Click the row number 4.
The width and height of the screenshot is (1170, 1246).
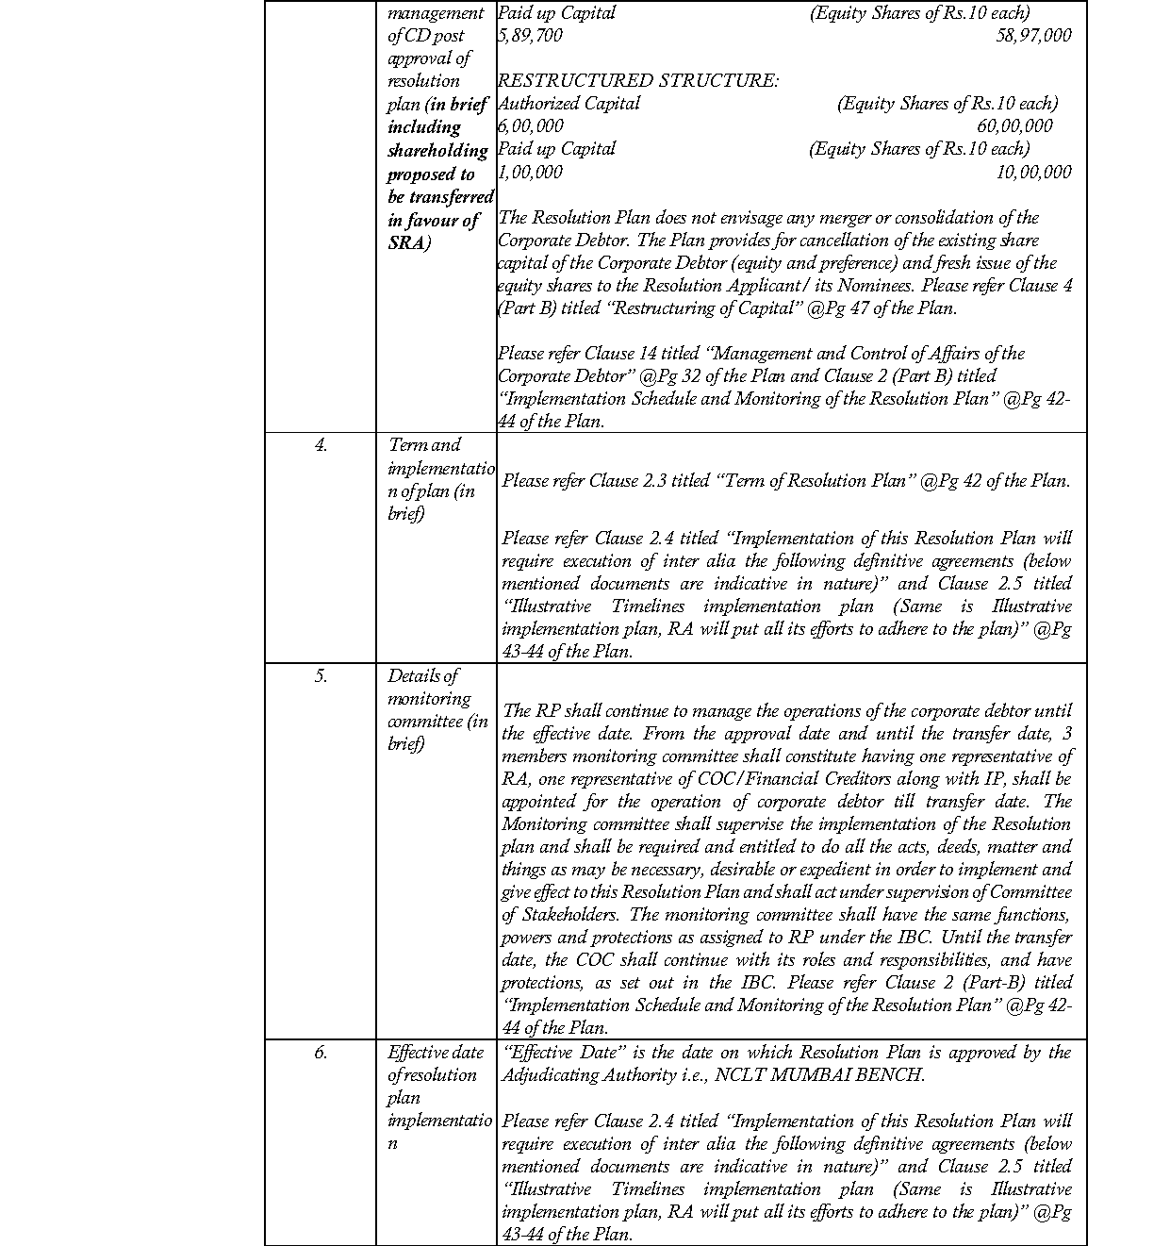[x=321, y=445]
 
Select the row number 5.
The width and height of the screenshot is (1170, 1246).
[x=321, y=676]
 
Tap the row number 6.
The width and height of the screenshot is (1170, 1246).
[x=321, y=1053]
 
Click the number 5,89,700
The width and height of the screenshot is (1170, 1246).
[x=531, y=36]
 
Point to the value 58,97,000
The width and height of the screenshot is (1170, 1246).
[x=1033, y=36]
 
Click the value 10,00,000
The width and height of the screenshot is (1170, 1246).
[x=1033, y=172]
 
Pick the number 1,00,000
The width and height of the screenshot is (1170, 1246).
[x=531, y=172]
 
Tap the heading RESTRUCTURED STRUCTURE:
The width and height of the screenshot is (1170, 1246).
[x=638, y=81]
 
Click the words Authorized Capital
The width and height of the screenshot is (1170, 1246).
[x=569, y=104]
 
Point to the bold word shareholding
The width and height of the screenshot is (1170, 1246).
[x=437, y=151]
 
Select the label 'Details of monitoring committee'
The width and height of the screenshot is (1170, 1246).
[x=437, y=709]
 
